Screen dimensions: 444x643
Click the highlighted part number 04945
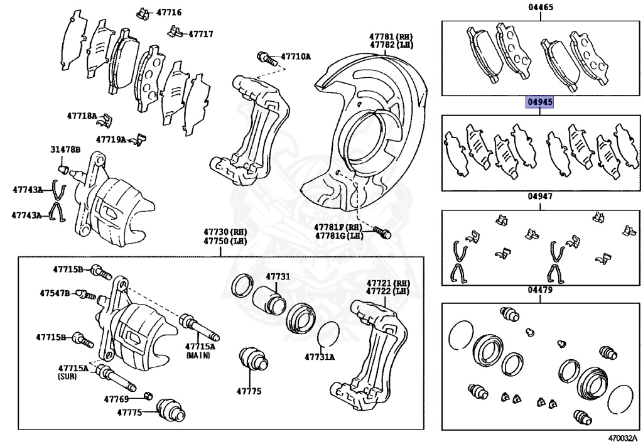point(539,102)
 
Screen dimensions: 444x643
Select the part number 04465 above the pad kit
point(539,8)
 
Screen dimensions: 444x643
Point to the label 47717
point(201,34)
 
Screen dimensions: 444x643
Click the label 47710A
point(296,57)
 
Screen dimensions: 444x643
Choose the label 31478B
point(65,149)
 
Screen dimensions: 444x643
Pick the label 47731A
point(320,357)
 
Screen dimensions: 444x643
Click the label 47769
point(116,399)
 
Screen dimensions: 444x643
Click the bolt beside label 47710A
point(267,60)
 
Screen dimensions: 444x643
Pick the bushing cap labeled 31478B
point(62,168)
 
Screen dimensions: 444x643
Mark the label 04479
point(539,290)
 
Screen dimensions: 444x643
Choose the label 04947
point(539,196)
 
